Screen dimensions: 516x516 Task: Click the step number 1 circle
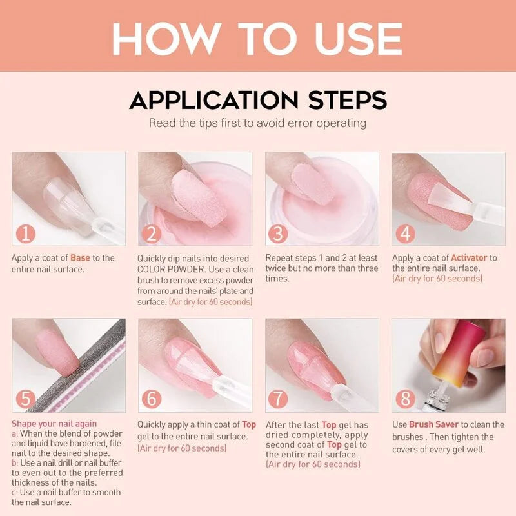point(25,232)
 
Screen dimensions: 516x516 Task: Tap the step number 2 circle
point(152,232)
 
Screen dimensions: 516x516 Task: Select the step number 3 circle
point(278,232)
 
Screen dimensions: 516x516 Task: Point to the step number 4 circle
point(405,232)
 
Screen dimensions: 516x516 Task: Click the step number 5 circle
point(25,399)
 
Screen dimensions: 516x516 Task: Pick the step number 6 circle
point(152,399)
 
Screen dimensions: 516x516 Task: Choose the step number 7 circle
point(278,399)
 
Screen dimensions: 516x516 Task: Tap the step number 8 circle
point(405,399)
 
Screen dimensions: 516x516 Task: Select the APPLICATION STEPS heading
point(258,101)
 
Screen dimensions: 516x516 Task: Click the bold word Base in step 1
point(80,258)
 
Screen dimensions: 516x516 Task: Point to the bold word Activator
point(469,258)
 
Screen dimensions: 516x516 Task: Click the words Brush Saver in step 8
point(433,424)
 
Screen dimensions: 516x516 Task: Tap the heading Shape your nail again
point(54,424)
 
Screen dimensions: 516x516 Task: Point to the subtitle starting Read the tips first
point(257,123)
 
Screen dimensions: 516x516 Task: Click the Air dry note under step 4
point(437,279)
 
